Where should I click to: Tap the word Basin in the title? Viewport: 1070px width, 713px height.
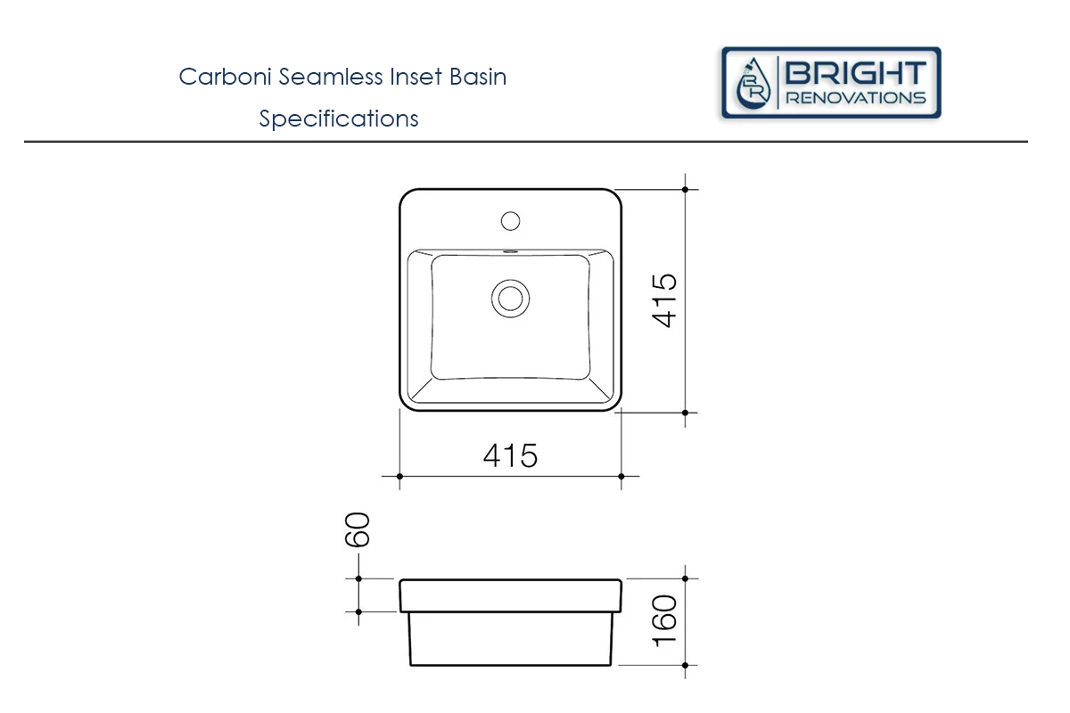(x=477, y=77)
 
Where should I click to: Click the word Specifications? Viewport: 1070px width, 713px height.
(x=339, y=119)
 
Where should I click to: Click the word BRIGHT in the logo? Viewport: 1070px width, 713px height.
(x=855, y=72)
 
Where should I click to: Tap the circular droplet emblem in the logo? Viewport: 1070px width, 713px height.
(x=753, y=84)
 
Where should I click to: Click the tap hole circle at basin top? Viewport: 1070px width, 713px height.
(x=511, y=219)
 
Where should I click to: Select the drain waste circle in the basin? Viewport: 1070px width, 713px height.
(x=511, y=297)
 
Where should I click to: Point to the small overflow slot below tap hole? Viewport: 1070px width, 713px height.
(x=511, y=251)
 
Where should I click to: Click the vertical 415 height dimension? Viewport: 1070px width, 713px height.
(x=666, y=300)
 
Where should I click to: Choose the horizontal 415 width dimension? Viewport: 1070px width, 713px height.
(x=511, y=455)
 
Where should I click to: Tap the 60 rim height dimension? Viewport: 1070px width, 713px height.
(x=358, y=529)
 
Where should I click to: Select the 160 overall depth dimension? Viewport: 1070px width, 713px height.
(x=666, y=621)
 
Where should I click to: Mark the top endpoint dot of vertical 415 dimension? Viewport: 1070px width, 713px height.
(x=685, y=189)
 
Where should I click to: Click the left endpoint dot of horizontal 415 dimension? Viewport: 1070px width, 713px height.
(x=399, y=476)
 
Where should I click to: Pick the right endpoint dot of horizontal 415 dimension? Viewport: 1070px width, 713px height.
(x=621, y=476)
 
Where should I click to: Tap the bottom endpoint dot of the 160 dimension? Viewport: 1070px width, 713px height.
(x=685, y=665)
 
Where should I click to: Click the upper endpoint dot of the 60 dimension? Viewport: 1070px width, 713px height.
(x=358, y=578)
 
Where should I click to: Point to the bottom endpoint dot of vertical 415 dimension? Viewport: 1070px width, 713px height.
(x=685, y=413)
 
